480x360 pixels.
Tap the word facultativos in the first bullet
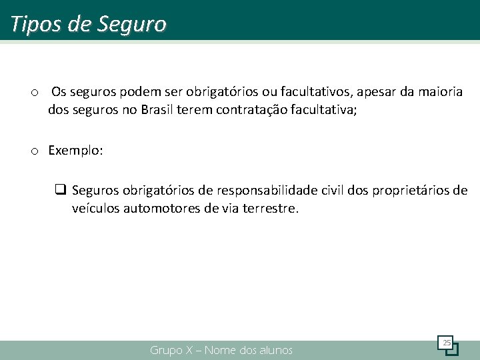tap(318, 91)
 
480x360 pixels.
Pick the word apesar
tap(379, 91)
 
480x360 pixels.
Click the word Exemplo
tap(74, 151)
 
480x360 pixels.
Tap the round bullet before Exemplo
tap(34, 152)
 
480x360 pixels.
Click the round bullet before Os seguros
tap(34, 92)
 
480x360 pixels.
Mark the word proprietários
tap(410, 191)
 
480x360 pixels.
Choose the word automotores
tap(161, 209)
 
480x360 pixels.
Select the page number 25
tap(446, 343)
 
